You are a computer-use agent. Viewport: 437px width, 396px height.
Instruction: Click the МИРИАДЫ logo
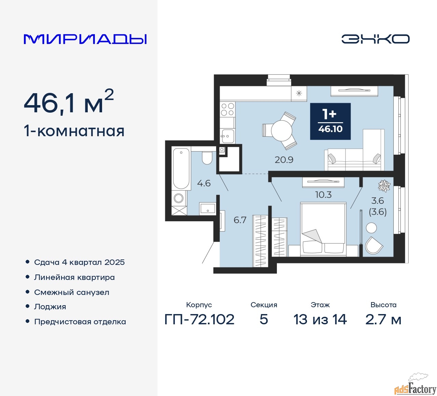85,39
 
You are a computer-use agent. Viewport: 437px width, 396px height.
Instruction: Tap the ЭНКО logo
375,39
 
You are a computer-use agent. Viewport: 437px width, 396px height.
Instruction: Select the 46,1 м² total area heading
69,102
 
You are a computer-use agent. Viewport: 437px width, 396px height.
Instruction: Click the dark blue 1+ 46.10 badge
330,121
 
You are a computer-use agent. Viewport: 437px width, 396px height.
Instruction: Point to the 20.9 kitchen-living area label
284,160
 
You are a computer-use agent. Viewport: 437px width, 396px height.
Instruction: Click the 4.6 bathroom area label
204,183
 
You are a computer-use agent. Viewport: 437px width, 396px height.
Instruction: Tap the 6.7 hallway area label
240,220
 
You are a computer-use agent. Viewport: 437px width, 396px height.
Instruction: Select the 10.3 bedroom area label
323,195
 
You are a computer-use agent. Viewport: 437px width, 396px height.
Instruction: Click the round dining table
281,131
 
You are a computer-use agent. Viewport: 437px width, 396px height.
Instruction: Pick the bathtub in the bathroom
181,168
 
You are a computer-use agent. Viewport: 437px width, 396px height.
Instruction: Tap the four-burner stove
227,109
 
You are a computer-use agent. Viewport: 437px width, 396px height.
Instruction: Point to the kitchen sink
227,136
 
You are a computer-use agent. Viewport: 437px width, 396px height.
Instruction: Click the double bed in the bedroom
323,229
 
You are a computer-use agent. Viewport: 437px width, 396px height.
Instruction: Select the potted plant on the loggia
384,186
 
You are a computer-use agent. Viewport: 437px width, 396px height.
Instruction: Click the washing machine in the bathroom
179,198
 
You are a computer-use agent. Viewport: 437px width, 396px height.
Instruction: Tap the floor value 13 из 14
320,320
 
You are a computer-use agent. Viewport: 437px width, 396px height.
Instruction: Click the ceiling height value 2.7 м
383,320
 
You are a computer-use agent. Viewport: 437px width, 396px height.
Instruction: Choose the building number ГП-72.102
199,320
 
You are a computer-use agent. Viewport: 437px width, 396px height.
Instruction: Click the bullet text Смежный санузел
72,292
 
